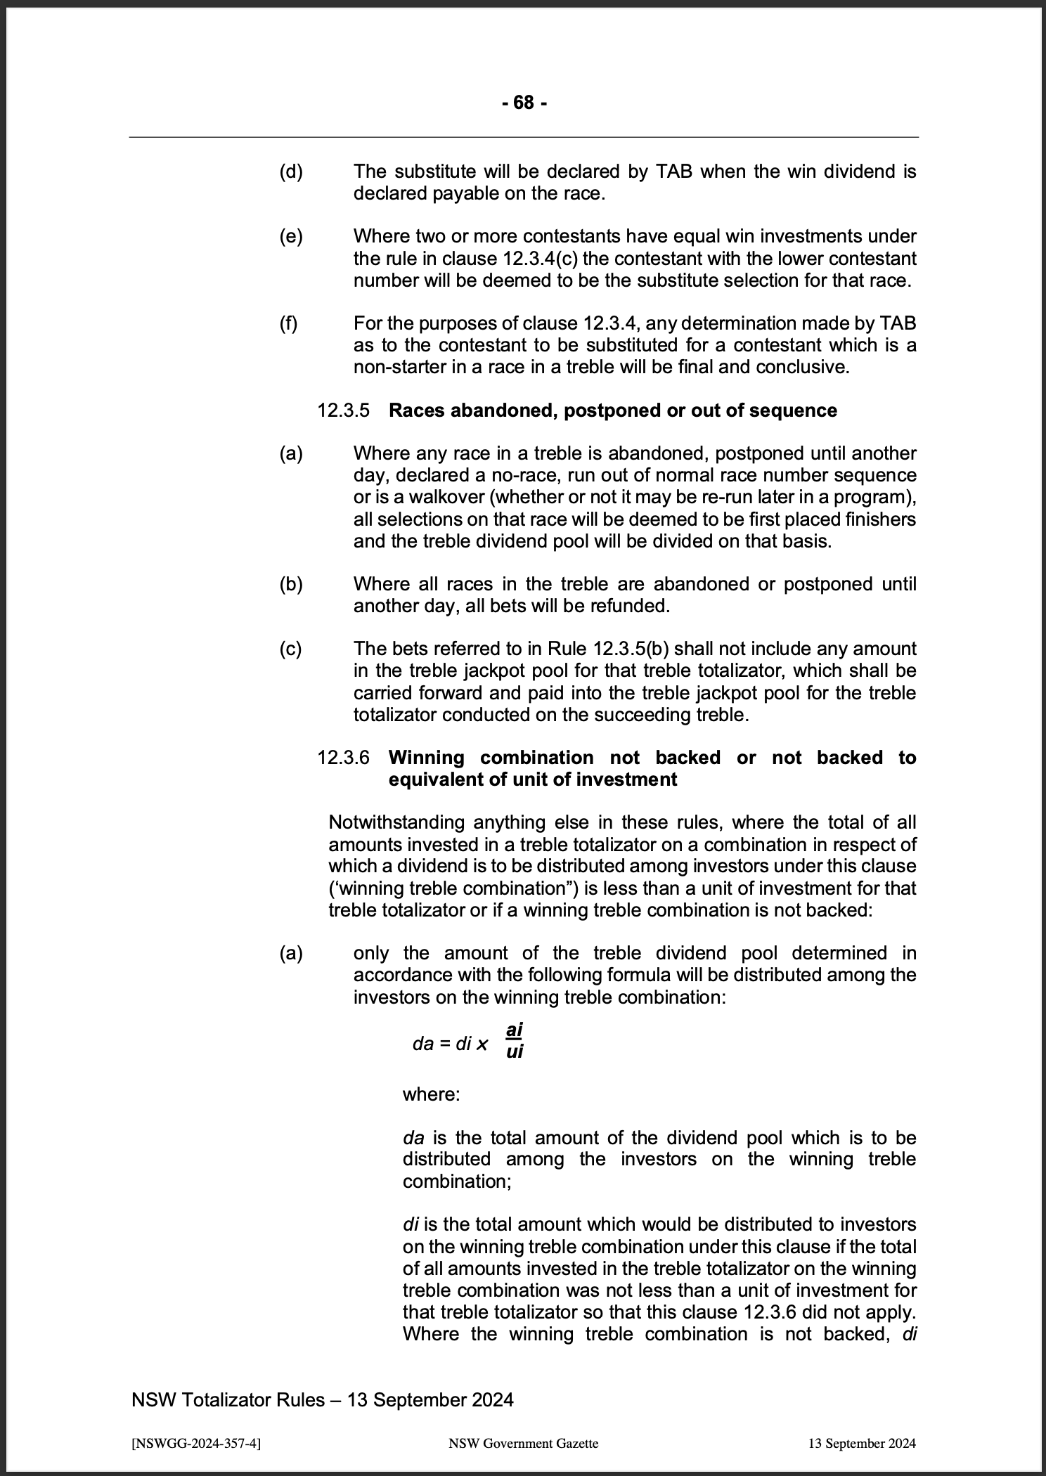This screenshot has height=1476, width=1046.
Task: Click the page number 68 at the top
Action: (x=524, y=103)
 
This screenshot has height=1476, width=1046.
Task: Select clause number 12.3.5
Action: (x=343, y=410)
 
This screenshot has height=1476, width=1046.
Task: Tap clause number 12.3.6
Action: (x=343, y=758)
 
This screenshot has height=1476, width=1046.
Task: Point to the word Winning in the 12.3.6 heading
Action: (x=427, y=758)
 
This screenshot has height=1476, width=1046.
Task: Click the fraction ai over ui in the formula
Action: (x=515, y=1041)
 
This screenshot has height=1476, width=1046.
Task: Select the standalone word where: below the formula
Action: (x=431, y=1094)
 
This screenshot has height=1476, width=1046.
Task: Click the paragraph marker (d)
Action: (x=290, y=171)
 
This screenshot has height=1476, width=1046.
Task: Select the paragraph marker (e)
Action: (x=290, y=237)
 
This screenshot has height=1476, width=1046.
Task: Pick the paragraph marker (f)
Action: (x=288, y=323)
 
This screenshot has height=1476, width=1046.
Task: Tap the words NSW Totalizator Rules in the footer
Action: (x=228, y=1399)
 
